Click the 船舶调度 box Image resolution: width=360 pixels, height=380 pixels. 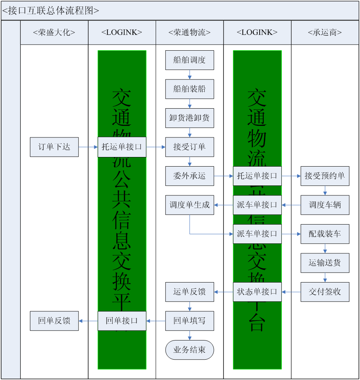(189, 60)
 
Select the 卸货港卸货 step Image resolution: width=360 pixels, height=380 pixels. (189, 118)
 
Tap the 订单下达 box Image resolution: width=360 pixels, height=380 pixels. (54, 147)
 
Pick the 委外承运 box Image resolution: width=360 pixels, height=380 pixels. (189, 176)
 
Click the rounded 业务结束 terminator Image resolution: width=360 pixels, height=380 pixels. (189, 350)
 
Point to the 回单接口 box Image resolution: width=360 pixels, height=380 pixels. (122, 321)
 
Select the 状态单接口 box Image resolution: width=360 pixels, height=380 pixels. (257, 292)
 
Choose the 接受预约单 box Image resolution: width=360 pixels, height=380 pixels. (325, 176)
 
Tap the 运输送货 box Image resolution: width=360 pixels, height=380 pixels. (325, 263)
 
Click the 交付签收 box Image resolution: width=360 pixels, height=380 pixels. (325, 292)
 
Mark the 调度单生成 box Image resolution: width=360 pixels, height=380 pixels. (189, 205)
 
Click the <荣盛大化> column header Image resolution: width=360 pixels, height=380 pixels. (54, 33)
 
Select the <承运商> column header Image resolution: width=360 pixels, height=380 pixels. (325, 33)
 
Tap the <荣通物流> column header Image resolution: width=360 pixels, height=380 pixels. (189, 33)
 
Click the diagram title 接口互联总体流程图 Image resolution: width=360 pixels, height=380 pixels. (51, 11)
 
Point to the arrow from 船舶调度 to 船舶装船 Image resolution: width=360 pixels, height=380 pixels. (189, 74)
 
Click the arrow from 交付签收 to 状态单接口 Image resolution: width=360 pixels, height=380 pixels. (291, 292)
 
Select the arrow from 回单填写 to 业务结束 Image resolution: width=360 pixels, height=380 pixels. (189, 335)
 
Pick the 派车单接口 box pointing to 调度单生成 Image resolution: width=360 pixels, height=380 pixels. (257, 205)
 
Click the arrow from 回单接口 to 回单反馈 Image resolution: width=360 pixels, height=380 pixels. (88, 321)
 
